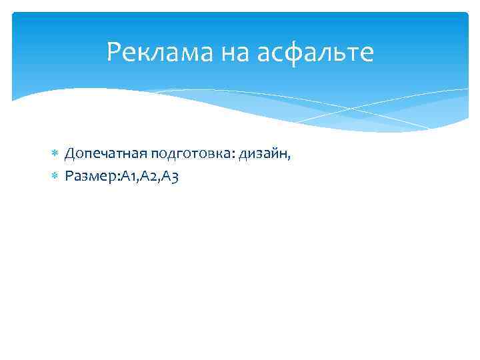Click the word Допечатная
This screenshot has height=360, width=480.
pyautogui.click(x=106, y=155)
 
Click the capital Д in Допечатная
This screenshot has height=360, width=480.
pyautogui.click(x=70, y=155)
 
